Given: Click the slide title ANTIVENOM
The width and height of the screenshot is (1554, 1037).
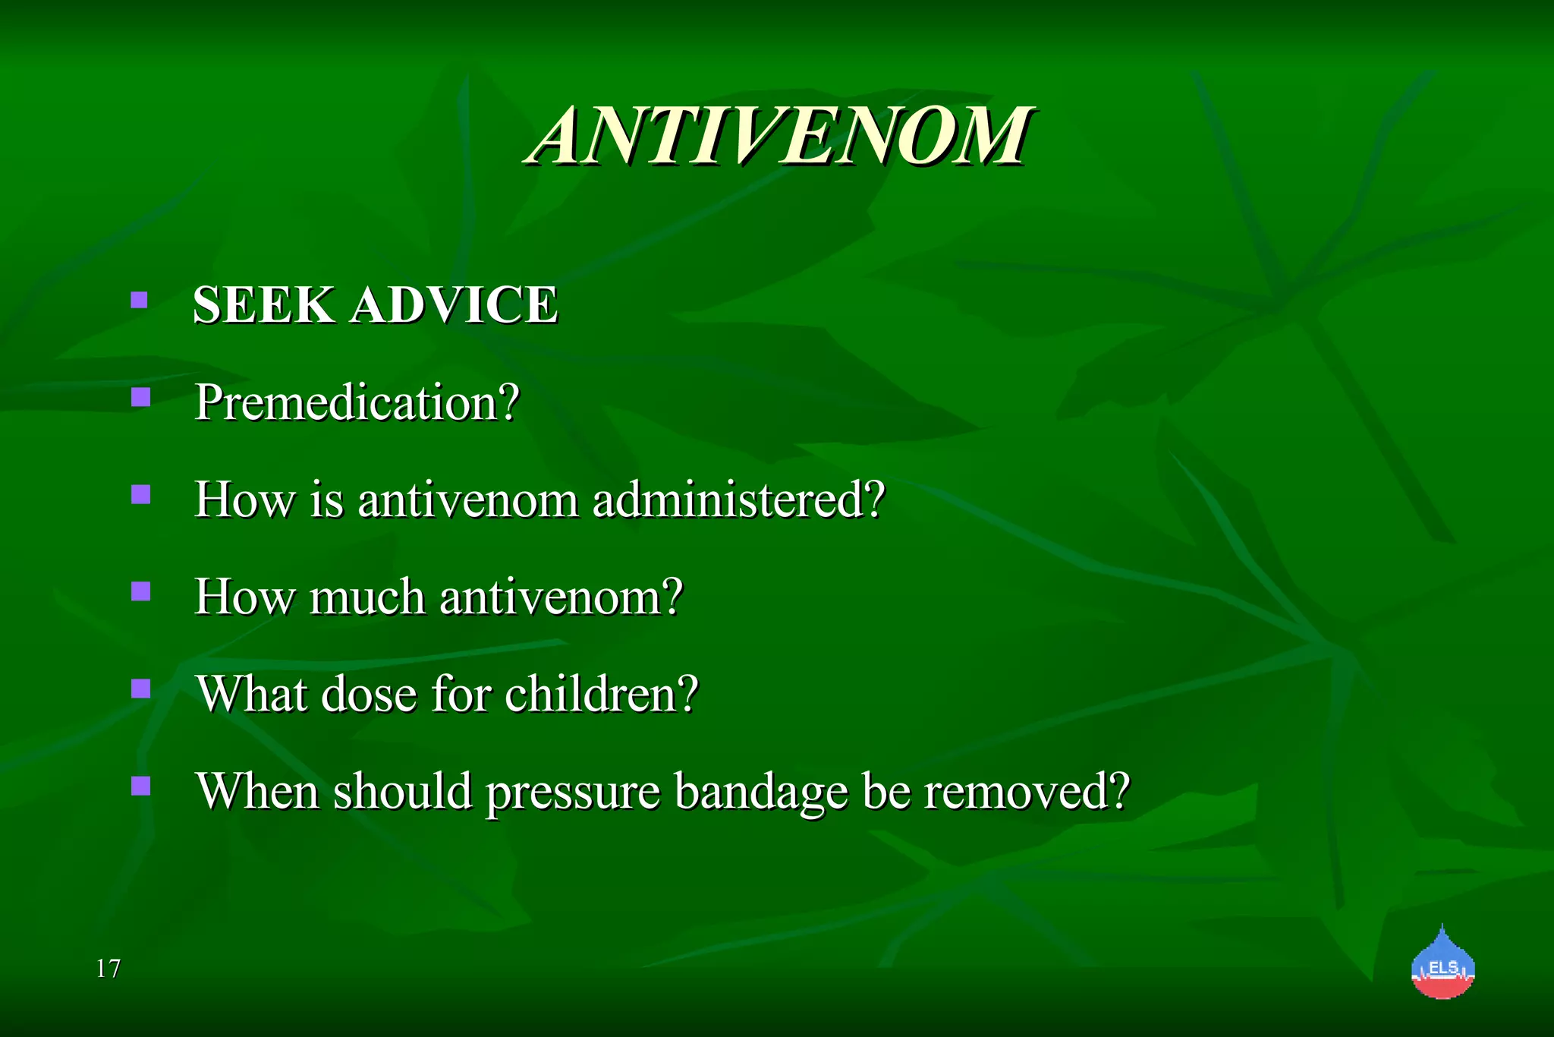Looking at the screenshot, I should [x=779, y=137].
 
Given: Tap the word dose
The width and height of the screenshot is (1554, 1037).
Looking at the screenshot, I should [x=370, y=694].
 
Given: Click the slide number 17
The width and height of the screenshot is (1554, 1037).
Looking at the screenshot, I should [x=108, y=969].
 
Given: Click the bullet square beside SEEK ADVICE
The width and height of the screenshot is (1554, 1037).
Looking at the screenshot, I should [x=139, y=300].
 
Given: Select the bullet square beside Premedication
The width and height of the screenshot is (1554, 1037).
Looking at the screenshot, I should [x=140, y=397].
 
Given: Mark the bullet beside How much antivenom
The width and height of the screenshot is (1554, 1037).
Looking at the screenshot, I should [x=140, y=591].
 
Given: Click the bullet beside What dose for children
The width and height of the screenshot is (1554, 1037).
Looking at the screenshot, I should [x=140, y=689].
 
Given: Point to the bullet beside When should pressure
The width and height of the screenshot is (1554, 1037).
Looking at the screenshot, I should [x=140, y=786].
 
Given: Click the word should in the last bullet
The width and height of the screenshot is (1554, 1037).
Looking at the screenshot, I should [x=403, y=791].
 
